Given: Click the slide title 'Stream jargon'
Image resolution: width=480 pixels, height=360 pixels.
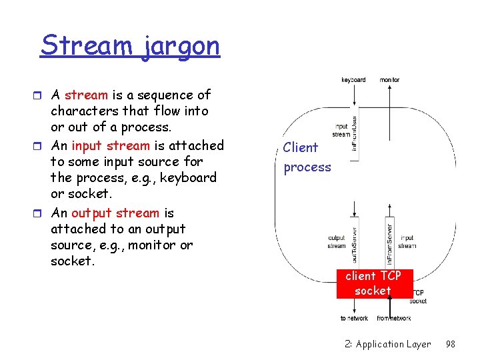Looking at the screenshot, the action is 130,46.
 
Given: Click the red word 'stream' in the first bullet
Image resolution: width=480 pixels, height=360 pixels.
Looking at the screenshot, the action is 86,95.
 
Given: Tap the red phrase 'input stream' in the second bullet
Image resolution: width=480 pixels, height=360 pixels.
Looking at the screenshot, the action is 110,145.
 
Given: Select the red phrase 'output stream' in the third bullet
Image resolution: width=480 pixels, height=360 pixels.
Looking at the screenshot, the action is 115,213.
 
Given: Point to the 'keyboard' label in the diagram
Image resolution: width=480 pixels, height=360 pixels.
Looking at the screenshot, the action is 353,80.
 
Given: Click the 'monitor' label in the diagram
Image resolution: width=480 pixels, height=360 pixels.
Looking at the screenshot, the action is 389,80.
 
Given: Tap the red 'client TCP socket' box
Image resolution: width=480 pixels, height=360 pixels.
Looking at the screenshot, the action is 373,283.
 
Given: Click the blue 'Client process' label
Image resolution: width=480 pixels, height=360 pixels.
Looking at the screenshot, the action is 307,157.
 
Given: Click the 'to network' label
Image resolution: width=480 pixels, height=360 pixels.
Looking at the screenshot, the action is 354,319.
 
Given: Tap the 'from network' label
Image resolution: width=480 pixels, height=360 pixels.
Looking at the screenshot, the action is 393,319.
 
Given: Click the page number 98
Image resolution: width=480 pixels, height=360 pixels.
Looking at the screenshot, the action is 450,344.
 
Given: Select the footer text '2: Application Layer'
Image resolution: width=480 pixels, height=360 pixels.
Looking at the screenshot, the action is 388,344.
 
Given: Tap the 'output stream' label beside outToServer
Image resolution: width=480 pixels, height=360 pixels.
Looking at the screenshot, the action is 337,241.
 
